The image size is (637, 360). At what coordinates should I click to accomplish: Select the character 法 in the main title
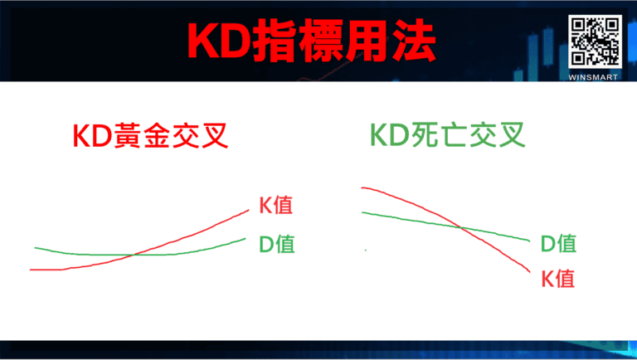[x=412, y=41]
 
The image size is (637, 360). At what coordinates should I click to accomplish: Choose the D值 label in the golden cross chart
[x=275, y=244]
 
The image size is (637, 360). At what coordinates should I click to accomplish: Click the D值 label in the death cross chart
[x=558, y=243]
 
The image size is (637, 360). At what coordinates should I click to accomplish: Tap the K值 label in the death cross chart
[x=558, y=278]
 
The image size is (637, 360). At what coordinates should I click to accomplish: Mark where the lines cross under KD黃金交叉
[x=134, y=254]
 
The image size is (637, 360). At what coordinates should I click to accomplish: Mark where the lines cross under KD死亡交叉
[x=461, y=226]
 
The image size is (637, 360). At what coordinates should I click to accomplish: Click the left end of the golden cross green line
[x=35, y=248]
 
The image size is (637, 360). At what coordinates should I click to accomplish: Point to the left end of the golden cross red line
[x=31, y=270]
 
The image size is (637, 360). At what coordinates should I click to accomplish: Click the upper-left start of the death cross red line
[x=362, y=188]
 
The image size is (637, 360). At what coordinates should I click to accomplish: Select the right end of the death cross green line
[x=529, y=240]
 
